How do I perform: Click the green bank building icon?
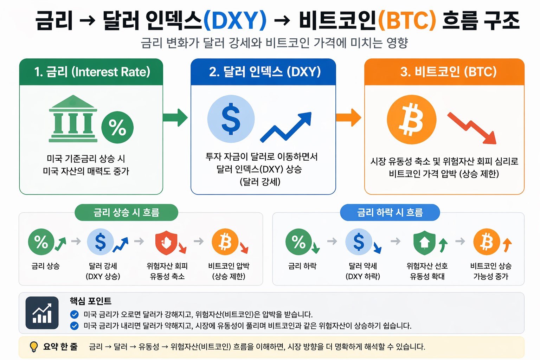[x=73, y=119]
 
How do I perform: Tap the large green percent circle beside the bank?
[x=117, y=127]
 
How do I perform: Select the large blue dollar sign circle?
[x=231, y=119]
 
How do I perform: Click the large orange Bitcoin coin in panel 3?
[x=411, y=120]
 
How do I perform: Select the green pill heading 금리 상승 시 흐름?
[x=126, y=212]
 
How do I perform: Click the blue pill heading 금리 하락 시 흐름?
[x=390, y=212]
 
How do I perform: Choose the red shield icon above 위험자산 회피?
[x=166, y=242]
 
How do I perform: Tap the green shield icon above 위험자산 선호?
[x=425, y=242]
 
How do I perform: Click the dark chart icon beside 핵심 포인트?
[x=42, y=313]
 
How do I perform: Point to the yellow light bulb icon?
[x=34, y=347]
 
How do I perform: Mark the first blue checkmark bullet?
[x=74, y=314]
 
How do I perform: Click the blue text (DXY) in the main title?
[x=235, y=20]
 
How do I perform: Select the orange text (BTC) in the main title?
[x=407, y=20]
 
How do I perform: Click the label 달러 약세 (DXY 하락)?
[x=363, y=271]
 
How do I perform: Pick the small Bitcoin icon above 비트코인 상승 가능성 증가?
[x=487, y=242]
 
